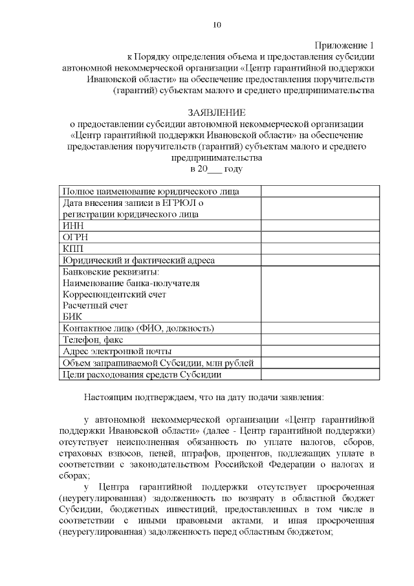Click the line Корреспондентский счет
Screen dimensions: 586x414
114,294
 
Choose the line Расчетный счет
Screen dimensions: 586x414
95,305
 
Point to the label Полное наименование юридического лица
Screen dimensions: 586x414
151,191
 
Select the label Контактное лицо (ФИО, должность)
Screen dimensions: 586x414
138,328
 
